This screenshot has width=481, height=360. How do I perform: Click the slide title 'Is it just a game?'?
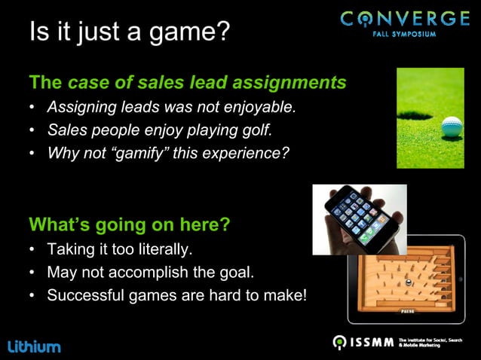pos(129,32)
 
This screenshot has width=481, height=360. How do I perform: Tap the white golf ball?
pos(452,127)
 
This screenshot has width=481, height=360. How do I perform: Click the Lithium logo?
pos(34,346)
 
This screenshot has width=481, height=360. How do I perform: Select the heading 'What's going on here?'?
pos(129,225)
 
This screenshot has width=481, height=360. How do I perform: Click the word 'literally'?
pos(165,249)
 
